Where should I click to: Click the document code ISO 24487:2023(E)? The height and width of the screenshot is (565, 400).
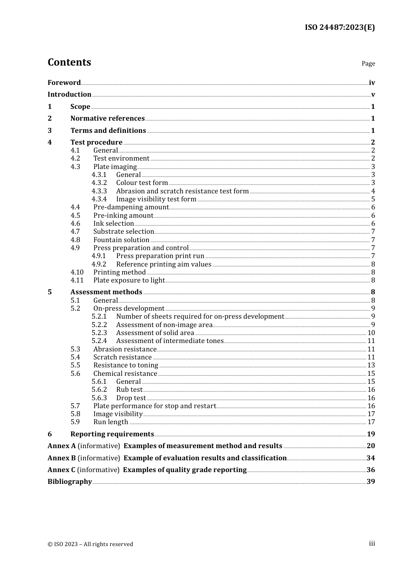pos(339,27)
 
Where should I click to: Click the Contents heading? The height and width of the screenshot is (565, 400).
pos(69,62)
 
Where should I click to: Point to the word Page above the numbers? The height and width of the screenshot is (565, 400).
pos(368,63)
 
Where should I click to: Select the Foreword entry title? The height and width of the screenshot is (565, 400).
pos(64,83)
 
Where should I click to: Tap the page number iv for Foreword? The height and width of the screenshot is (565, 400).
pos(371,83)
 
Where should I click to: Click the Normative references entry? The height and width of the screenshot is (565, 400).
pos(107,119)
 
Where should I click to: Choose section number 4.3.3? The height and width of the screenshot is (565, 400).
pos(99,191)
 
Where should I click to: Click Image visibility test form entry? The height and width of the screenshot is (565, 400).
pos(156,199)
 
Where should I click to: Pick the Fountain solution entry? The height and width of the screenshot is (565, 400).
pos(121,240)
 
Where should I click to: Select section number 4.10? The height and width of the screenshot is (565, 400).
pos(77,272)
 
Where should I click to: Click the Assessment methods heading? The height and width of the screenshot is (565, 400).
pos(106,292)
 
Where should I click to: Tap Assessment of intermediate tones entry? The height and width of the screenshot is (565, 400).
pos(170,341)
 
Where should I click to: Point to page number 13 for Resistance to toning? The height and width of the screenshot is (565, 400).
pos(371,365)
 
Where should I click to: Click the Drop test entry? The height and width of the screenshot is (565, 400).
pos(131,398)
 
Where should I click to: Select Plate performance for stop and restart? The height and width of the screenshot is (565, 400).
pos(155,406)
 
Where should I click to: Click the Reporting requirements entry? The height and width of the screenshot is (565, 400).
pos(112,434)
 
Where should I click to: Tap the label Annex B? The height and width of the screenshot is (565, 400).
pos(61,458)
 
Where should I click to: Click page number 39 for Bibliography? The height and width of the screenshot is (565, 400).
pos(371,482)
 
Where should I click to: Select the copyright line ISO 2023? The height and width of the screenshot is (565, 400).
pos(90,544)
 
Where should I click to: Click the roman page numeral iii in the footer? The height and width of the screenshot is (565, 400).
pos(372,544)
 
